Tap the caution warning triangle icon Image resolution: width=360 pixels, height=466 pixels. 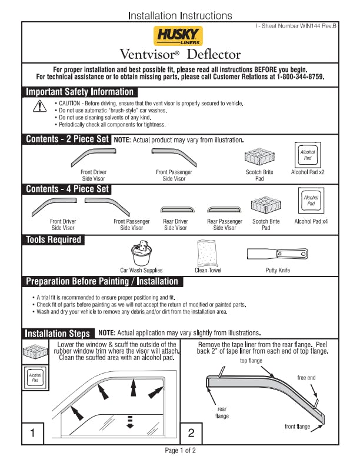click(x=39, y=106)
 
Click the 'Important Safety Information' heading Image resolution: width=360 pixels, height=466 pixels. click(x=80, y=92)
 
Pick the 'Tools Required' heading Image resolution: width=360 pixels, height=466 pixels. click(x=54, y=239)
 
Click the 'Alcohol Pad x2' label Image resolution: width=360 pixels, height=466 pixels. click(x=308, y=172)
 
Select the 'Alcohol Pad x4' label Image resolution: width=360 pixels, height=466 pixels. click(x=311, y=222)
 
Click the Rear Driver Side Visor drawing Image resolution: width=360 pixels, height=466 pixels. click(x=175, y=209)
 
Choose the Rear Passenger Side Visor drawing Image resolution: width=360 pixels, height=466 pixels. click(x=224, y=209)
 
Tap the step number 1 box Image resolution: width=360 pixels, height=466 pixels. click(x=33, y=433)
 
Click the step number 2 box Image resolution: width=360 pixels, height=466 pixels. click(x=191, y=433)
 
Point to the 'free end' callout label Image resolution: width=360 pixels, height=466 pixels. click(x=306, y=378)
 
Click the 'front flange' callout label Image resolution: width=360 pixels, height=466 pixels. click(x=297, y=426)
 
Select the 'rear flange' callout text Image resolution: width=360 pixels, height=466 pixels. click(x=221, y=412)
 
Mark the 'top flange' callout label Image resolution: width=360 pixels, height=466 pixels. click(x=251, y=361)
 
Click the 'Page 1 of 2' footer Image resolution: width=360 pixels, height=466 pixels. click(x=180, y=450)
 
